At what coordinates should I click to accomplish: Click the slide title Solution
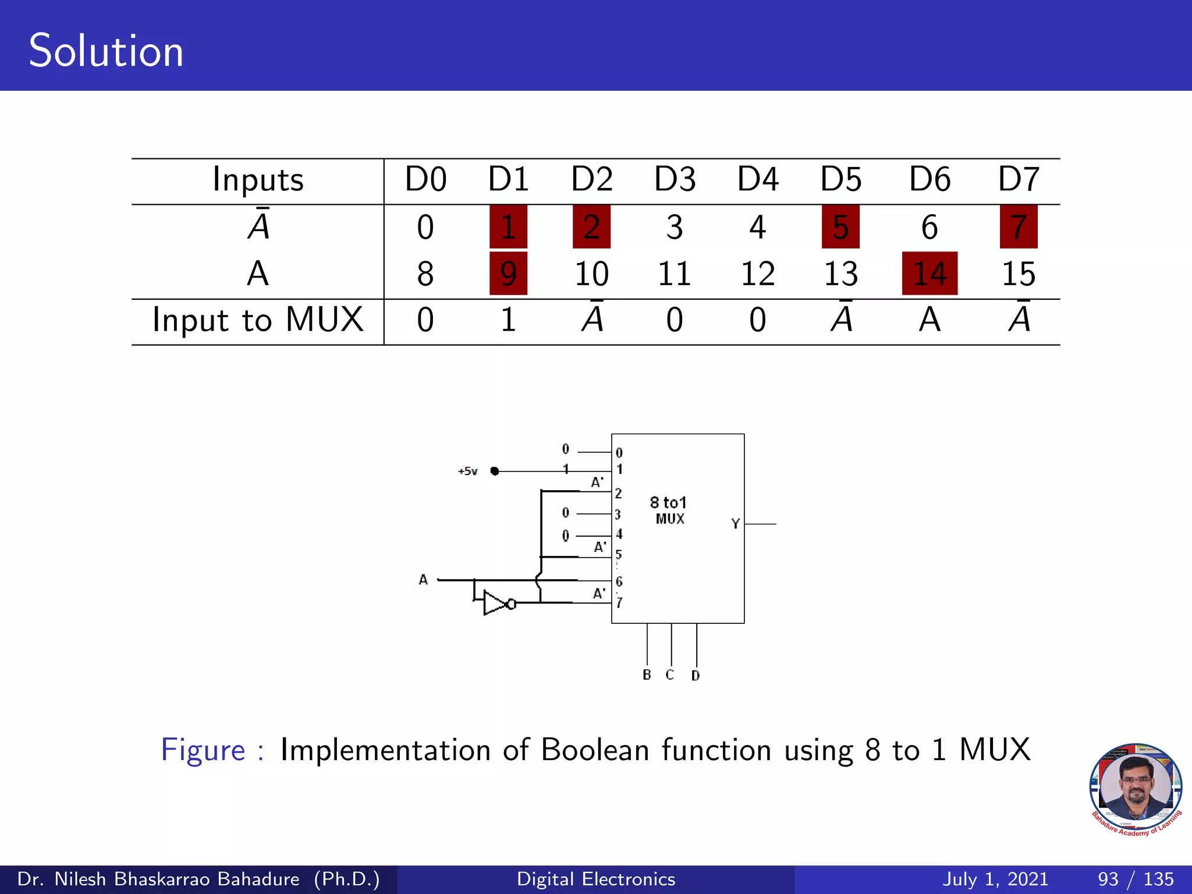[x=106, y=51]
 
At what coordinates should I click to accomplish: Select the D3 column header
[x=675, y=179]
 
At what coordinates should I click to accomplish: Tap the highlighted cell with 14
[x=930, y=274]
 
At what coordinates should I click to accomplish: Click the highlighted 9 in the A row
[x=508, y=274]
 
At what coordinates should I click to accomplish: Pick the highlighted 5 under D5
[x=840, y=227]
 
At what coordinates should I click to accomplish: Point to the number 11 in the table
[x=675, y=274]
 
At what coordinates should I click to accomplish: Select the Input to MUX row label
[x=257, y=320]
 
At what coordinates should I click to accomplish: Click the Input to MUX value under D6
[x=930, y=320]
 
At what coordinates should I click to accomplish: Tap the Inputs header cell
[x=257, y=179]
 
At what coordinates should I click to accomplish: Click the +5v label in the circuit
[x=468, y=471]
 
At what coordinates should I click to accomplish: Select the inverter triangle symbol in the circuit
[x=495, y=604]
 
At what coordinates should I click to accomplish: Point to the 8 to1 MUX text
[x=669, y=510]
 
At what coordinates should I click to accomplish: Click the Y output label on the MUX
[x=735, y=524]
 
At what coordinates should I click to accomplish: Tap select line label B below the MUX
[x=647, y=675]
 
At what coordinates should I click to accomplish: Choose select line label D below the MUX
[x=696, y=676]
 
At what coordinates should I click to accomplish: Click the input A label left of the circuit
[x=423, y=580]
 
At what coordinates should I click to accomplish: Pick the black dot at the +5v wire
[x=495, y=471]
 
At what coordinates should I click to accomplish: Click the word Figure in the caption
[x=203, y=750]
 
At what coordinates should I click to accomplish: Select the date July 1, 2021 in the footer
[x=995, y=879]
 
